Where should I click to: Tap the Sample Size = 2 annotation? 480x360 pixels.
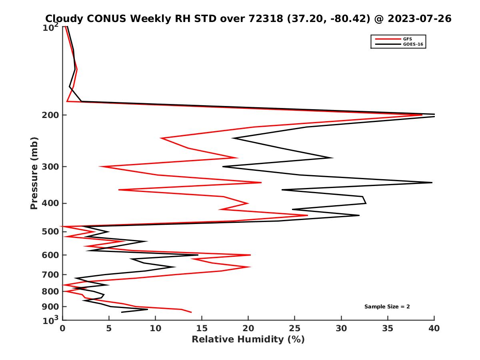[x=387, y=307]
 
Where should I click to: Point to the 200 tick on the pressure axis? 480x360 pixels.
[x=52, y=115]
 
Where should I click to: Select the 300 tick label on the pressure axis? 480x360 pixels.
[x=52, y=167]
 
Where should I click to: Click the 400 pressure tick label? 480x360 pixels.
[x=52, y=203]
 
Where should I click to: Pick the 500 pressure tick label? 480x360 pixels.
[x=52, y=232]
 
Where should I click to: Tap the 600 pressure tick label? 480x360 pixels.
[x=52, y=255]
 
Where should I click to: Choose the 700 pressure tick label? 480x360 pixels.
[x=52, y=275]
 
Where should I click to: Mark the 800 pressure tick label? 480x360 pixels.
[x=52, y=292]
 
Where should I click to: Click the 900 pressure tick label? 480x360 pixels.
[x=52, y=307]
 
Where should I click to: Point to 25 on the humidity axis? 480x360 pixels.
[x=295, y=329]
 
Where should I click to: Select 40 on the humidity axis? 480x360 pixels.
[x=434, y=329]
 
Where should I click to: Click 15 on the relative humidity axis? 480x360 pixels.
[x=202, y=329]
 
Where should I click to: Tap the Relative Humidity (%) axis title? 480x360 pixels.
[x=248, y=340]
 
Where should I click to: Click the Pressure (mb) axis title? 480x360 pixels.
[x=34, y=173]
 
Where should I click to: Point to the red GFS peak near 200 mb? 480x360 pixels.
[x=422, y=115]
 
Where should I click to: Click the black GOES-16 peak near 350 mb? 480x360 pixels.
[x=432, y=182]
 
